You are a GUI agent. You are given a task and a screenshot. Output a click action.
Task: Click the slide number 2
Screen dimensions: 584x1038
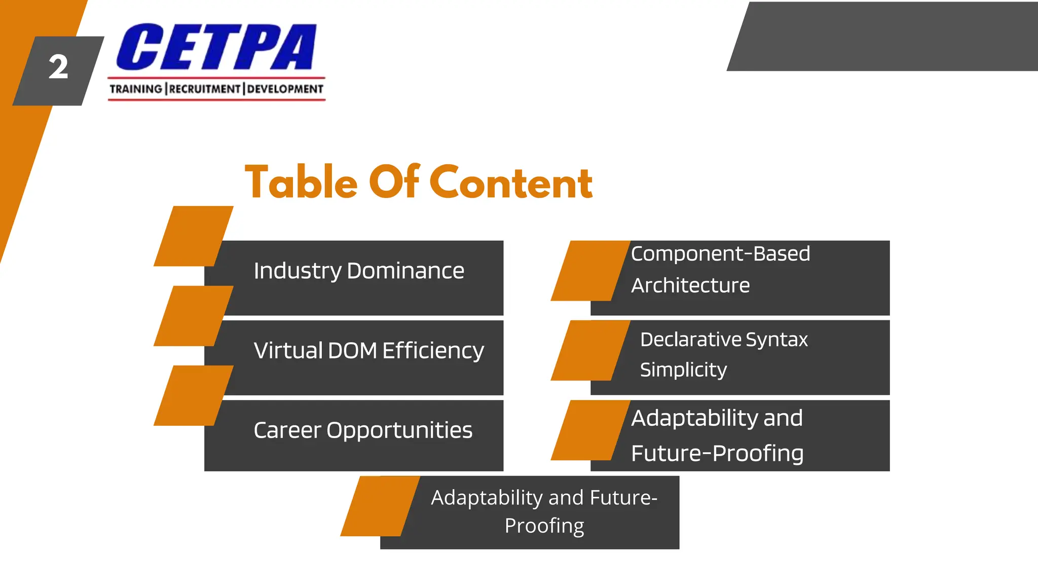pos(58,67)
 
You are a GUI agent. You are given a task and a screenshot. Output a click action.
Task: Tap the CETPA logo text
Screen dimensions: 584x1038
pos(216,47)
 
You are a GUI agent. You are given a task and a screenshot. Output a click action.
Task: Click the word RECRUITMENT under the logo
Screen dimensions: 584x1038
pos(205,89)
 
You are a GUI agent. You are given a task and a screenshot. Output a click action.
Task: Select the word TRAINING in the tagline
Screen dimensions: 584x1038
pos(136,89)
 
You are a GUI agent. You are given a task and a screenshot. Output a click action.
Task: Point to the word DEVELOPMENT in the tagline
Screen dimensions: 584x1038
pos(285,89)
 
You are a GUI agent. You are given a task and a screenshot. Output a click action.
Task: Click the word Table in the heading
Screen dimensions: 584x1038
pos(301,182)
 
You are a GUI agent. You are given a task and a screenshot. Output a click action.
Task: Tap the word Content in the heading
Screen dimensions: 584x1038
pos(511,182)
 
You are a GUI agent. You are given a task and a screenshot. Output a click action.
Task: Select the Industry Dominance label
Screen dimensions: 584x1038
pos(359,271)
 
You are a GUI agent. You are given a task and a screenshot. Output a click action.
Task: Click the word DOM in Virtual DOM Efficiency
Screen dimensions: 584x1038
pos(352,350)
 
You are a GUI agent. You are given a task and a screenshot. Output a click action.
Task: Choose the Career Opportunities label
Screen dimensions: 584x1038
pos(363,430)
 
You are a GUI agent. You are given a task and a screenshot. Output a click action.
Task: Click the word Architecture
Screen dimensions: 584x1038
pos(690,285)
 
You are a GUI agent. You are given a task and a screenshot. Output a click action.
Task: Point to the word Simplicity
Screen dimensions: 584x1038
pos(683,370)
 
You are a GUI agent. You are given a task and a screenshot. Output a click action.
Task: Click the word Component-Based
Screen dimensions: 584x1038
pos(720,253)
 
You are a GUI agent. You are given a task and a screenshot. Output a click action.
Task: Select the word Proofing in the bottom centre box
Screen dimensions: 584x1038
pos(544,526)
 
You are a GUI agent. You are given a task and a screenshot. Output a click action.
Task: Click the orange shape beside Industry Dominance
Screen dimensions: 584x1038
pos(193,236)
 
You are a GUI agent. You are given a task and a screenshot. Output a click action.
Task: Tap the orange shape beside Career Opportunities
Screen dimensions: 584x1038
pos(193,395)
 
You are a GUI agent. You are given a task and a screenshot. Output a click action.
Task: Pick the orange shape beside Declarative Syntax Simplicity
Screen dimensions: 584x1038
pos(590,350)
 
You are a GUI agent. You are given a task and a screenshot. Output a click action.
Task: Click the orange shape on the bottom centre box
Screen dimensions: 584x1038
pos(380,506)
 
